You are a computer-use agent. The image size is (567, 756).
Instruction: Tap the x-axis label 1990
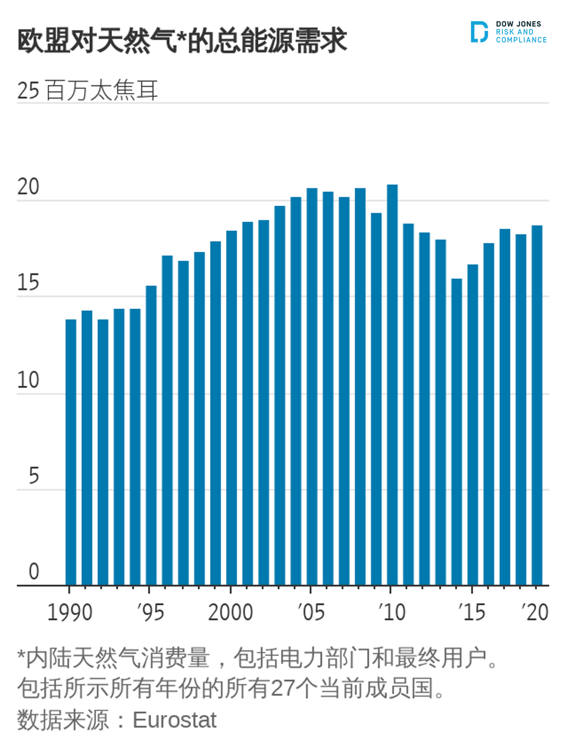69,612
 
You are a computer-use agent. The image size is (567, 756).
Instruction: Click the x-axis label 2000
230,612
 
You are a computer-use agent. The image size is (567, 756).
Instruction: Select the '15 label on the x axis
472,612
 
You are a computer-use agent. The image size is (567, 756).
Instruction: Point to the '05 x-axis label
311,612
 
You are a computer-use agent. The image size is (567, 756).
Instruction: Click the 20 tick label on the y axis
28,187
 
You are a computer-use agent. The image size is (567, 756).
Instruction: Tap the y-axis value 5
34,476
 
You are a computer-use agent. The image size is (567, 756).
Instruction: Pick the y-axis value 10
28,380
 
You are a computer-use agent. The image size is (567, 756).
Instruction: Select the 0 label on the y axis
34,572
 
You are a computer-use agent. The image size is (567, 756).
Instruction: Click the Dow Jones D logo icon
479,32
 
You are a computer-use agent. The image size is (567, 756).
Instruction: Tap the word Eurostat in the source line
174,720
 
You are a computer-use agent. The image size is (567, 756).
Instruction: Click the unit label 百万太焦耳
102,90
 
